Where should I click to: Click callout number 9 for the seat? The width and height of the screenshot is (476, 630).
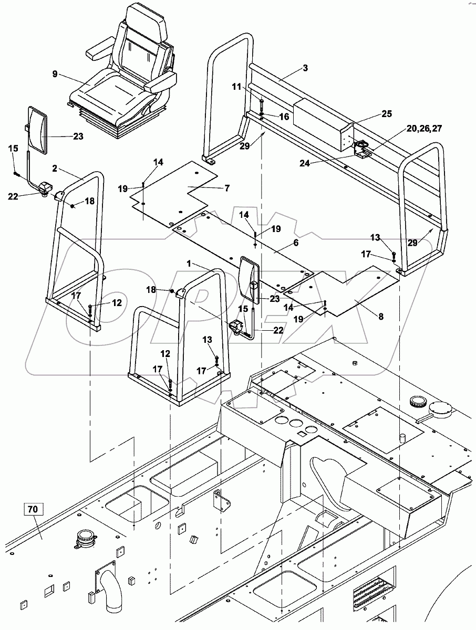pyautogui.click(x=55, y=75)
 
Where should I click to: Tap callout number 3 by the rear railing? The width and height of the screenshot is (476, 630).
pyautogui.click(x=305, y=68)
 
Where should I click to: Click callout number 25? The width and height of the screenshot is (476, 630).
pyautogui.click(x=387, y=114)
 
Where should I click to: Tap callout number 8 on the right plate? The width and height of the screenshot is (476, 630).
pyautogui.click(x=381, y=316)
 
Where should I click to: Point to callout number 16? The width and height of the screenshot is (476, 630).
pyautogui.click(x=284, y=117)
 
